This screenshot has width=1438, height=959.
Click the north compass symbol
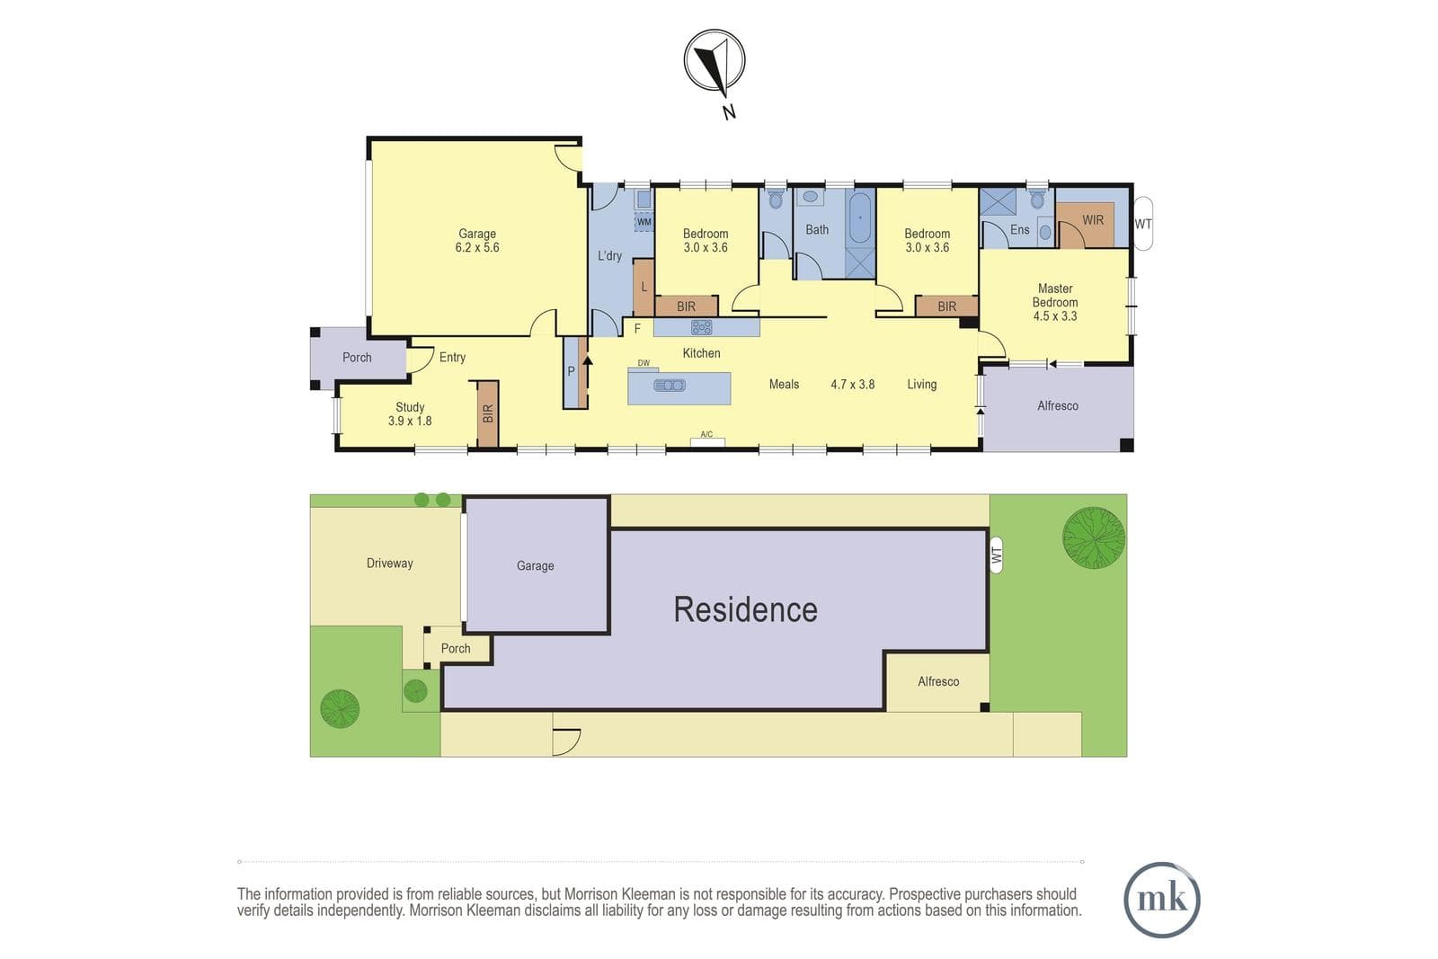click(714, 61)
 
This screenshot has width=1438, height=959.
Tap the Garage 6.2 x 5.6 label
click(477, 241)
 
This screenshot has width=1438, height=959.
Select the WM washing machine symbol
click(644, 222)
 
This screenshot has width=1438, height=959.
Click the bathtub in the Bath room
click(860, 218)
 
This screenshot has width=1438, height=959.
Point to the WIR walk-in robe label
click(1093, 220)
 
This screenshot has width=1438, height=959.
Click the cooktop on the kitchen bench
click(701, 327)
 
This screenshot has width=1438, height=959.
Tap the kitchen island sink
click(670, 386)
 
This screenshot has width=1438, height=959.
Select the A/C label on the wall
click(706, 435)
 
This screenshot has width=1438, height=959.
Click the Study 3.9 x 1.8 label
click(410, 414)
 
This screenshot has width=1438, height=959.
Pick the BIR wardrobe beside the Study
click(488, 413)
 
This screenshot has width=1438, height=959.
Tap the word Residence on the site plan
click(745, 609)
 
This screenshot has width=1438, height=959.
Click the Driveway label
click(390, 563)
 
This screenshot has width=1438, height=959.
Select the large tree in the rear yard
click(1093, 537)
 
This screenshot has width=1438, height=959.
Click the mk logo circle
click(1162, 900)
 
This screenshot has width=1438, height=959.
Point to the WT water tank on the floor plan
click(1142, 224)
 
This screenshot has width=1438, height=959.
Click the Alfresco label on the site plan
click(938, 681)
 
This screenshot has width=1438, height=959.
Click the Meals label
click(784, 385)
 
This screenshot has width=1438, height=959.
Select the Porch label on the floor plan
click(357, 358)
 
